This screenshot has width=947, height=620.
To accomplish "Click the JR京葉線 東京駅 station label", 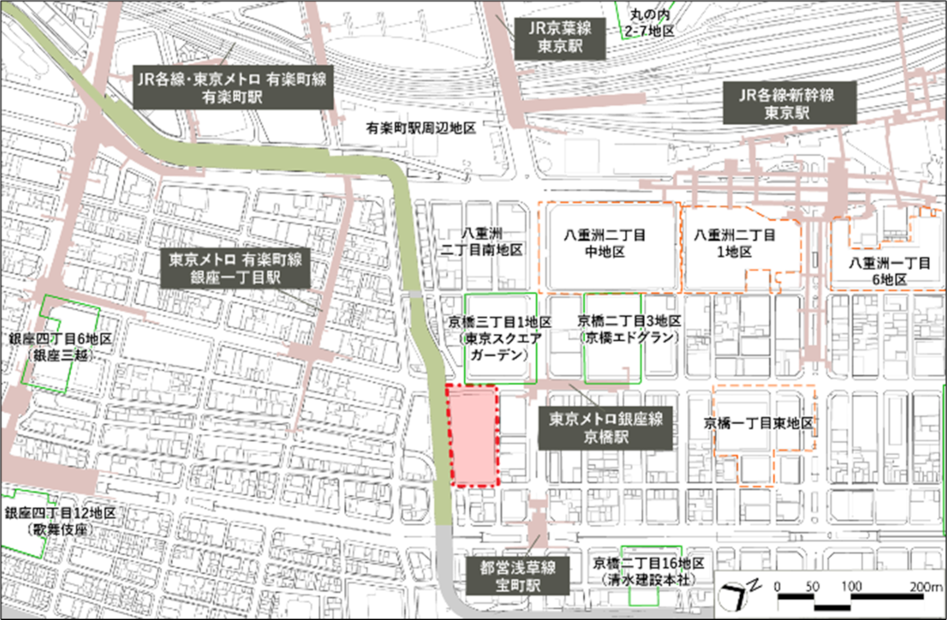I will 560,38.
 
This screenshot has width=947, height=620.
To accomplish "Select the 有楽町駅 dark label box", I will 233,87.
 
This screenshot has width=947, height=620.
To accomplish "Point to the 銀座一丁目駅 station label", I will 235,268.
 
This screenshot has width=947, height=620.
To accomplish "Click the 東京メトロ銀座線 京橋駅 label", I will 605,428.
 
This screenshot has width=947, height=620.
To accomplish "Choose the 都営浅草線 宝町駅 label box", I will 517,576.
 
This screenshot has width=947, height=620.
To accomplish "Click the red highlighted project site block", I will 474,436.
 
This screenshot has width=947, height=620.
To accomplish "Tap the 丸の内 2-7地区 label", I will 649,23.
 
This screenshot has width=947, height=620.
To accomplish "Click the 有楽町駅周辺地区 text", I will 421,128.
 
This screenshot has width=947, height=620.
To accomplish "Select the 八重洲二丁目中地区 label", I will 605,243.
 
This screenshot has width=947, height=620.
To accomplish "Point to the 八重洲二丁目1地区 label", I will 734,243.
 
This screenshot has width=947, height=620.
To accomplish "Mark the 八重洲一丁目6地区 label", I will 889,271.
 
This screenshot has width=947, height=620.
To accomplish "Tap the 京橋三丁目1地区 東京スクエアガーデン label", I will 500,338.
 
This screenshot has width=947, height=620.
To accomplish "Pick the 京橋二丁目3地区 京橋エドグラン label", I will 629,329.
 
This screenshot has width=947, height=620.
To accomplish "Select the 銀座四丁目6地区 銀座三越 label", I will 61,346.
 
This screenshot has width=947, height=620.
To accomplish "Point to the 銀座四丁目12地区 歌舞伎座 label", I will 60,521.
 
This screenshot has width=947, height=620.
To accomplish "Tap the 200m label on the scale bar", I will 925,586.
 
